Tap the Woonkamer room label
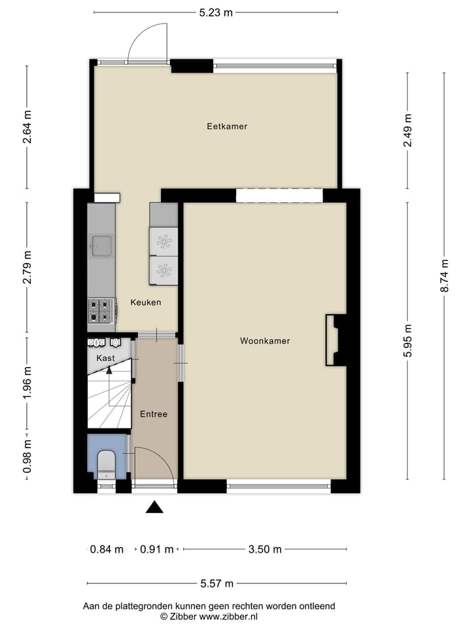coord(264,341)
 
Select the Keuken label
coord(145,303)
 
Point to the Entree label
coord(154,414)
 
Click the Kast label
coord(105,358)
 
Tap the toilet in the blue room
coord(105,464)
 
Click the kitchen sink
coord(101,247)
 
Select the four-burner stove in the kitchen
coord(101,311)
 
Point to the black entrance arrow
coord(154,507)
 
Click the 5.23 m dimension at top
coord(216,12)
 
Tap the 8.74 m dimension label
coord(445,275)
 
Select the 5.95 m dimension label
coord(408,341)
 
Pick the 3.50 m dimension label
coord(265,549)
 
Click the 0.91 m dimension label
coord(157,549)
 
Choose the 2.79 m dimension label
coord(27,268)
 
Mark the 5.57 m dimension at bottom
coord(217,584)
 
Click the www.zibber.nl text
coord(228,616)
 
